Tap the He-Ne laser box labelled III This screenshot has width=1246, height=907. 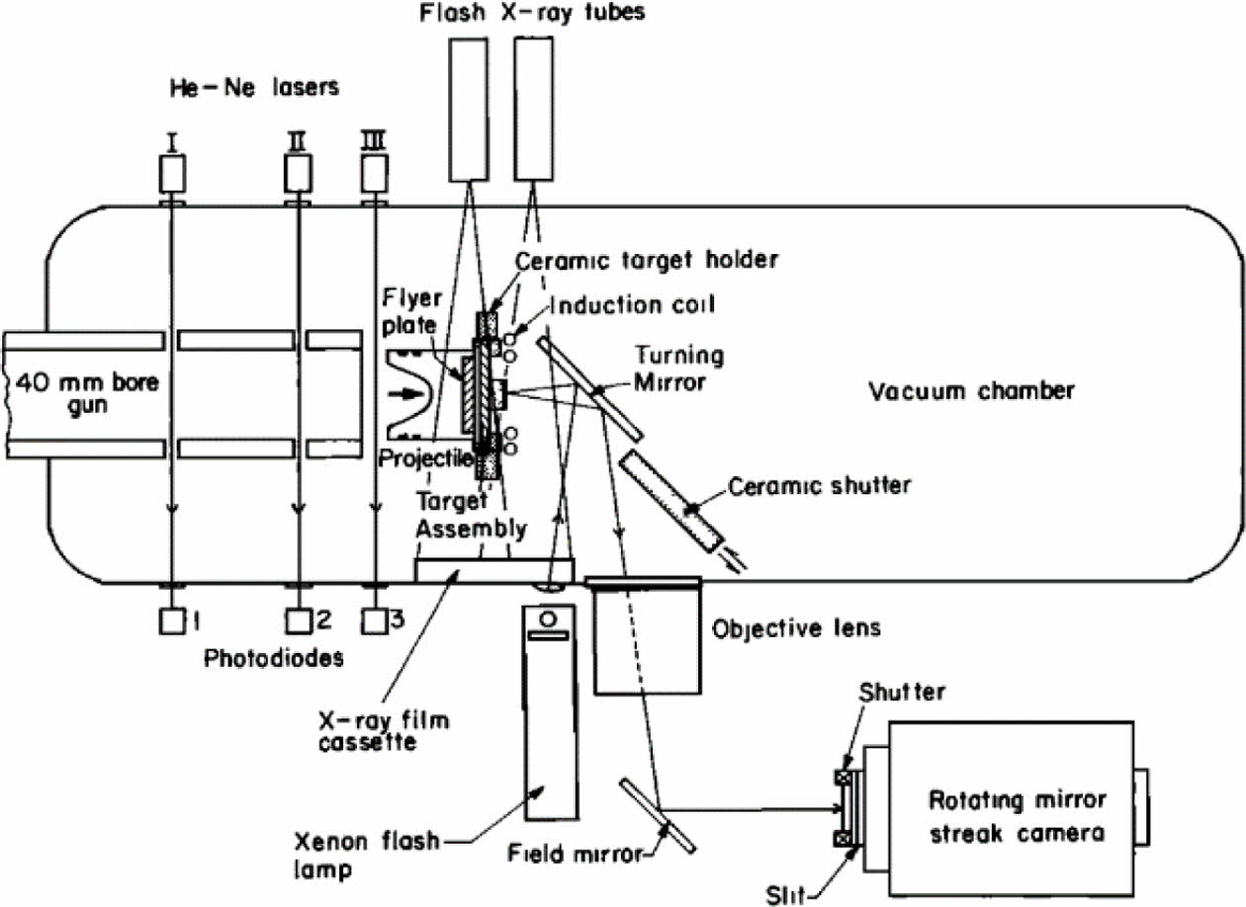[374, 176]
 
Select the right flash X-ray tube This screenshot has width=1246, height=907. [533, 108]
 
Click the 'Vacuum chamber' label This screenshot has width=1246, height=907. [970, 391]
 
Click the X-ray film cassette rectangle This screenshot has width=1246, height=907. [494, 569]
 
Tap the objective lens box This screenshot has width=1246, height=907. [647, 637]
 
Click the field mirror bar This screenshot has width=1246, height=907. [658, 815]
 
